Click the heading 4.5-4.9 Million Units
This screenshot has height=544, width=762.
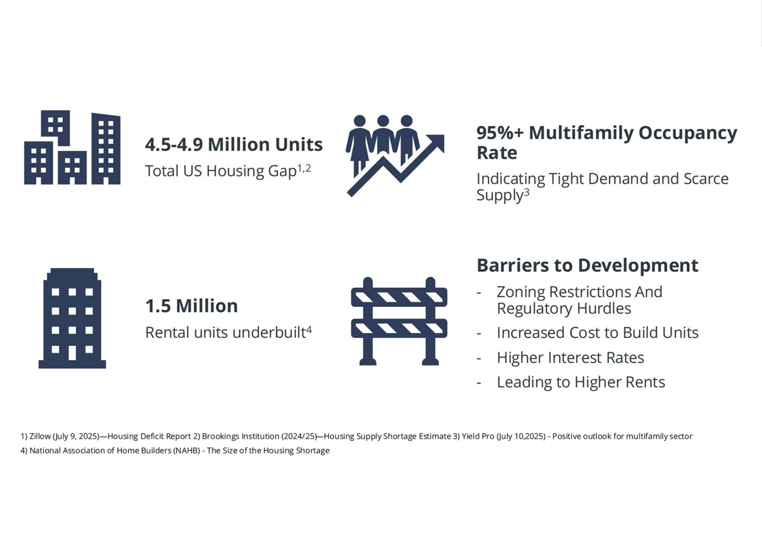233,145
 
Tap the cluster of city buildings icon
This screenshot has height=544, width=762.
72,147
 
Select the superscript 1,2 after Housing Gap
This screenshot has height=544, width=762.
304,168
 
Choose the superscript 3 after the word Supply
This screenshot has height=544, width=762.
527,193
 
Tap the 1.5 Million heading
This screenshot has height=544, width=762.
192,306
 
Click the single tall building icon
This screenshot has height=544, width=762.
72,318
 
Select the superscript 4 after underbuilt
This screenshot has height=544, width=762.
309,330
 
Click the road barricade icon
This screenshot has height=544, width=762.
399,321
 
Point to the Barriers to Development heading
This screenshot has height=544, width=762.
587,265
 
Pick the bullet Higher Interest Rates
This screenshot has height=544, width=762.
570,358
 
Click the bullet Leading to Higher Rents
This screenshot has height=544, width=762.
581,382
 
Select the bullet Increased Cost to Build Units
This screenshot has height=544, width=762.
598,332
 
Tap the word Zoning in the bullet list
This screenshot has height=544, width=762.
520,292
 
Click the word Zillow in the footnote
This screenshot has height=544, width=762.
40,436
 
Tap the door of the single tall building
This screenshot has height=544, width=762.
72,353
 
